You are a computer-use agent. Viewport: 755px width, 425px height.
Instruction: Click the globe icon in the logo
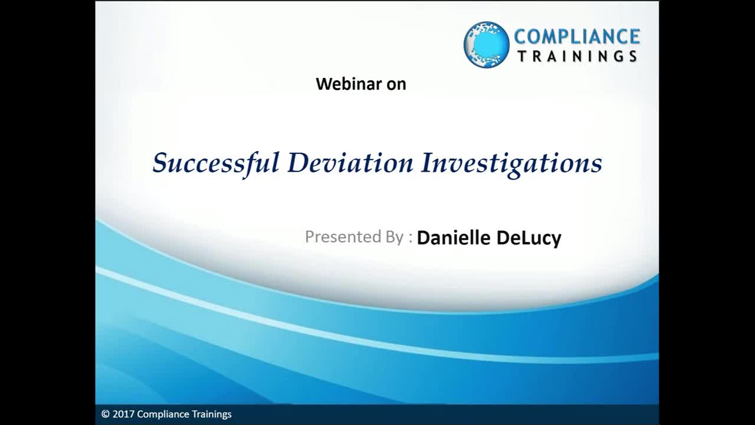click(487, 44)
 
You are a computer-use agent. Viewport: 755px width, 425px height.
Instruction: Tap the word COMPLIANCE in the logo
click(577, 37)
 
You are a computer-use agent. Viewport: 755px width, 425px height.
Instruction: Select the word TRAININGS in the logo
click(577, 56)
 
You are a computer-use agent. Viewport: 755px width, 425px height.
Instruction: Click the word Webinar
click(349, 84)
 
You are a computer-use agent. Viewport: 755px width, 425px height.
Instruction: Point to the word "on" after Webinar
click(396, 85)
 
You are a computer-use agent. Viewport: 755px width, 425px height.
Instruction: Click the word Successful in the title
click(216, 164)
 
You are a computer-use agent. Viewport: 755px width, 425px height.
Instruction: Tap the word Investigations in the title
click(511, 164)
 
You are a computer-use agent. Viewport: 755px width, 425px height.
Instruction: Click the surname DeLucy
click(529, 238)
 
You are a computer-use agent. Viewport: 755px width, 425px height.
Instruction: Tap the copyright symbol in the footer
click(106, 414)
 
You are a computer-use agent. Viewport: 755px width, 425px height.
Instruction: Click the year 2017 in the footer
click(123, 414)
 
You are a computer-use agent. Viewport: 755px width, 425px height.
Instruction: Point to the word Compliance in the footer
click(163, 414)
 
